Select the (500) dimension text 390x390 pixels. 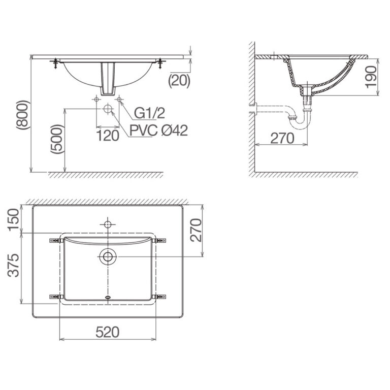coord(57,139)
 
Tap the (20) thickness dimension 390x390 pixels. coord(179,79)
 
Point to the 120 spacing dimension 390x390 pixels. coord(108,135)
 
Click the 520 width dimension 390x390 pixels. coord(107,332)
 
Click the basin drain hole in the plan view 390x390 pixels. coord(108,256)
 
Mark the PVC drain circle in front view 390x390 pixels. coord(108,109)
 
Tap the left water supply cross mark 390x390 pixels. coord(96,100)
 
